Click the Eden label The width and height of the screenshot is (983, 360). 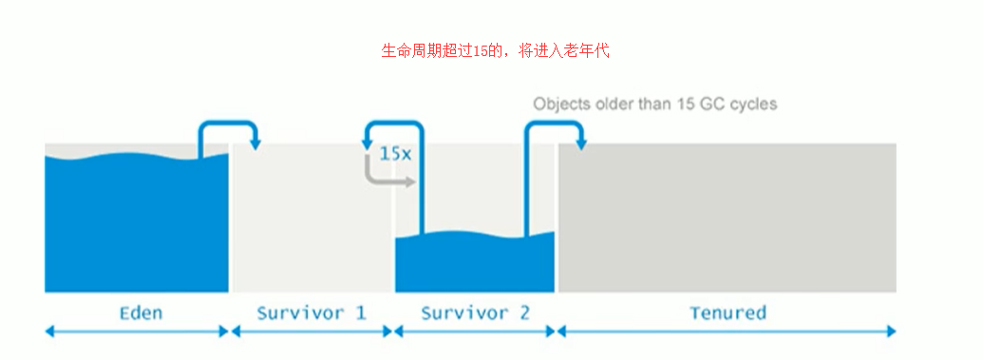click(x=141, y=313)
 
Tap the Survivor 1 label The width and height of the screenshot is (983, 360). click(x=311, y=313)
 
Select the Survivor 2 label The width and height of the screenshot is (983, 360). click(x=475, y=313)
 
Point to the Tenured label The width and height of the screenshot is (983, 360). click(x=728, y=313)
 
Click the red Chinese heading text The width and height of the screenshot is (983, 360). click(x=494, y=51)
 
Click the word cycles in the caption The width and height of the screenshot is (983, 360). click(x=753, y=104)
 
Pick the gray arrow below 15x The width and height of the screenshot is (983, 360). click(x=385, y=176)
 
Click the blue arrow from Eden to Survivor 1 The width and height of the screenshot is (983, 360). click(x=228, y=126)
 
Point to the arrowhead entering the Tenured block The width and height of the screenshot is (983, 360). click(x=578, y=142)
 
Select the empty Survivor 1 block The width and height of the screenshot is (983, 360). click(x=312, y=218)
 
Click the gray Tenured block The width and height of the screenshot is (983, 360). click(x=727, y=218)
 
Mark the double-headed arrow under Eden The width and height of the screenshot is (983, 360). click(x=137, y=332)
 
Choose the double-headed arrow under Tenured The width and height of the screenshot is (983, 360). click(x=727, y=332)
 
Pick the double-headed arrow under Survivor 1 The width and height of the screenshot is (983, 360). click(x=312, y=332)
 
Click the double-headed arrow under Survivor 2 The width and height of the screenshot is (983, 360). click(x=475, y=332)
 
